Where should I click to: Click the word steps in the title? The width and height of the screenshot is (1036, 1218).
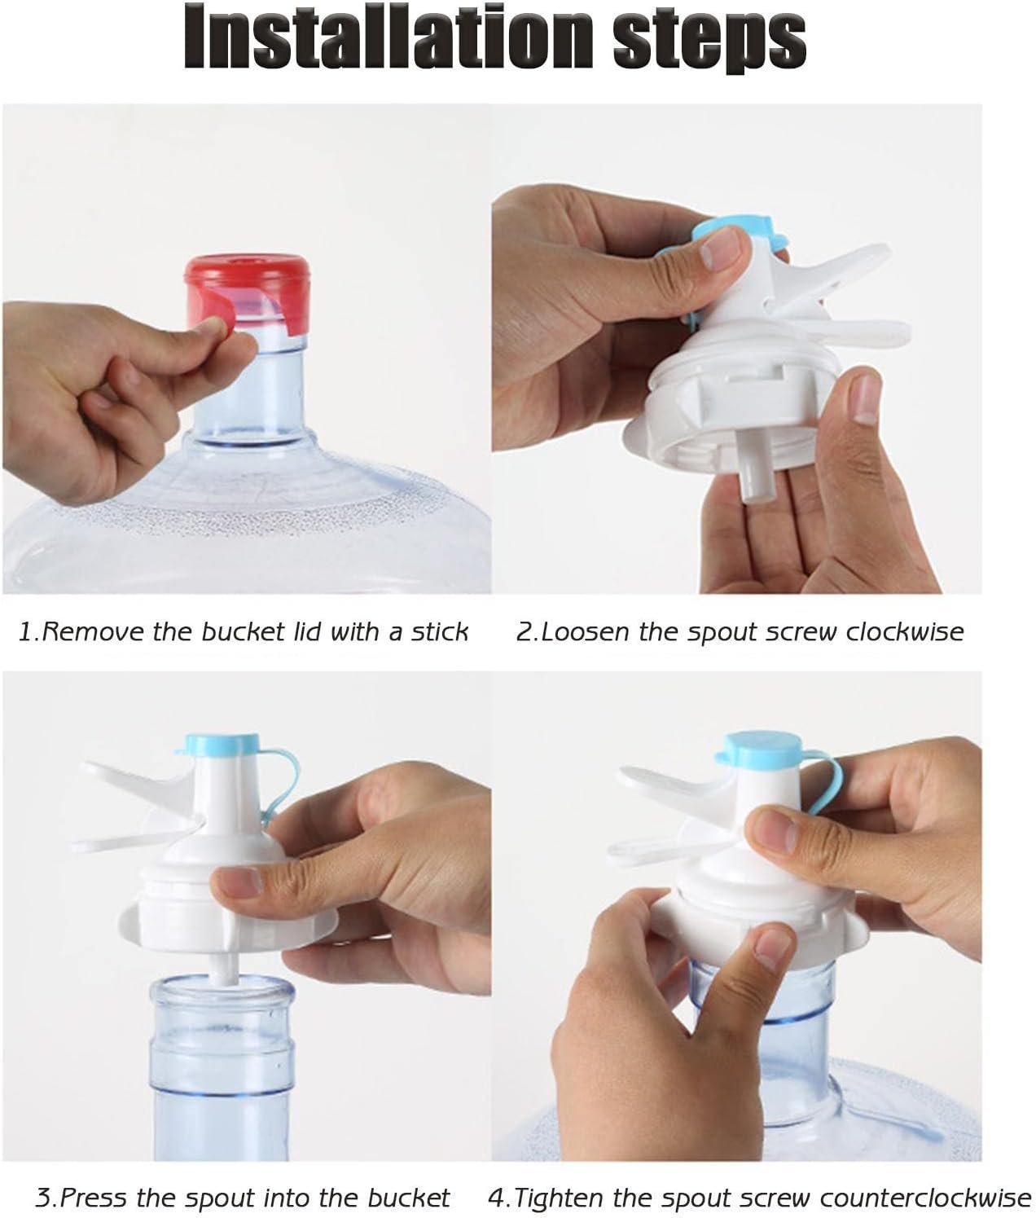pyautogui.click(x=709, y=42)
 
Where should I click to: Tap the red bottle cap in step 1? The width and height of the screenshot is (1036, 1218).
pyautogui.click(x=248, y=295)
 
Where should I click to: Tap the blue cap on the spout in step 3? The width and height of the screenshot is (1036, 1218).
pyautogui.click(x=222, y=744)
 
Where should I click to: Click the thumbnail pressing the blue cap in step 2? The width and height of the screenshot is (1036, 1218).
pyautogui.click(x=721, y=248)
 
